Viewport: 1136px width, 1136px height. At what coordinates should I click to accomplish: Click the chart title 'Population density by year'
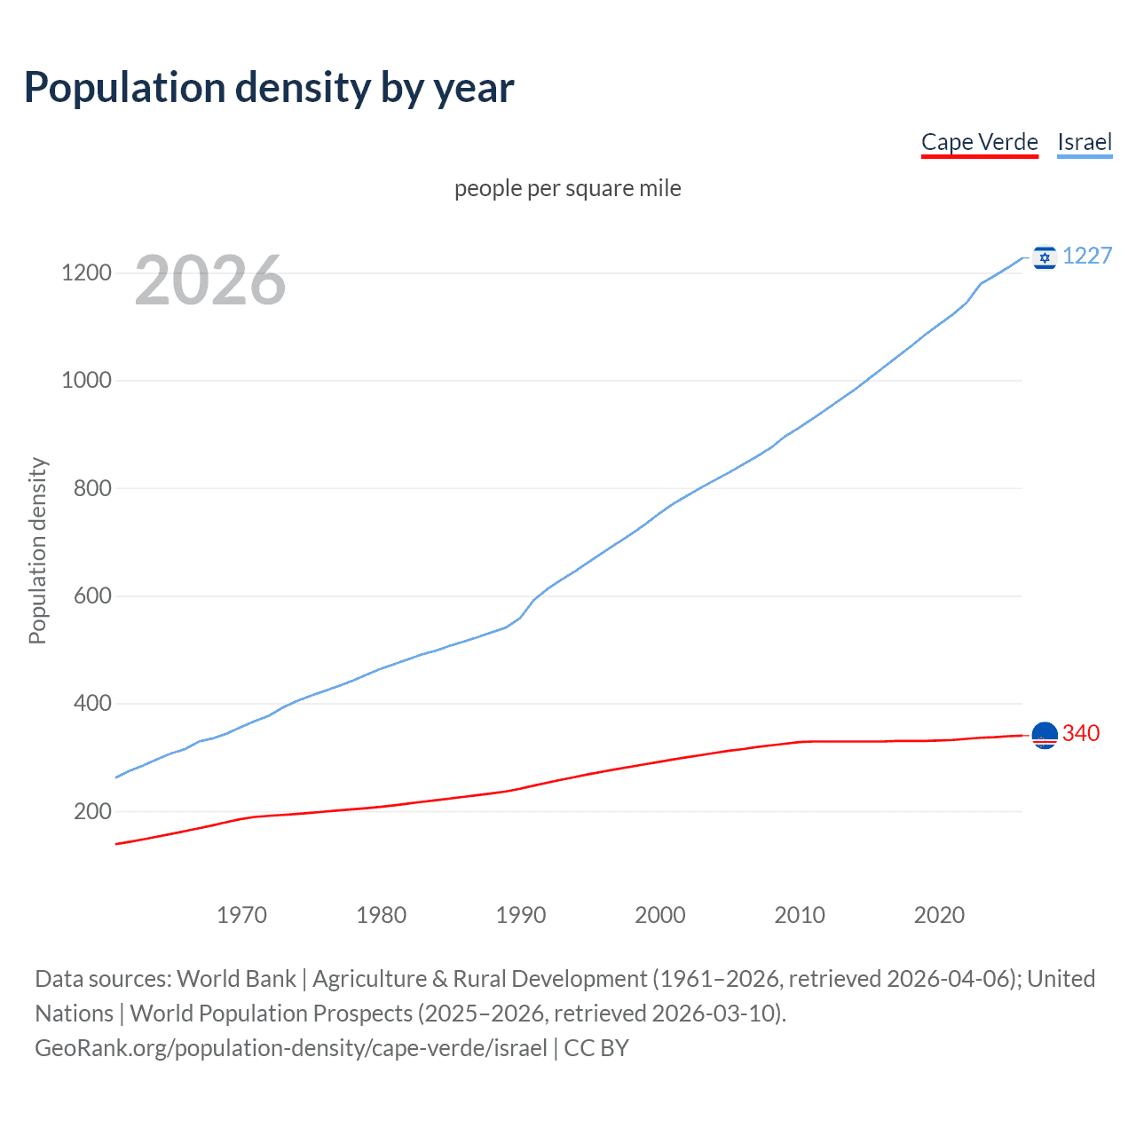point(269,88)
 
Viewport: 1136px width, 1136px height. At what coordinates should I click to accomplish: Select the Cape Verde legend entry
point(979,142)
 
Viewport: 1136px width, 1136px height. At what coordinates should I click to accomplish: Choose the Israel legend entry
point(1085,142)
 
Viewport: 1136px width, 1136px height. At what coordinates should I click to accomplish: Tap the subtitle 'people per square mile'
point(567,188)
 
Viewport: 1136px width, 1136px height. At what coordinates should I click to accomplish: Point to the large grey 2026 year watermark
point(210,280)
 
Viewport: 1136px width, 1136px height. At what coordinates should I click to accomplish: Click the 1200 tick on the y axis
point(86,272)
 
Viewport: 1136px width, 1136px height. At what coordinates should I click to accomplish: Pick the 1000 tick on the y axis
point(86,380)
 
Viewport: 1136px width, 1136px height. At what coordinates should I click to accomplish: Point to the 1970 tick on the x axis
point(241,915)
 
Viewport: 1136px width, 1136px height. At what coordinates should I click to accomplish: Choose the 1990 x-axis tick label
point(521,915)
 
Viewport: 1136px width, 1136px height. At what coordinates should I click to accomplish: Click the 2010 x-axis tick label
point(800,915)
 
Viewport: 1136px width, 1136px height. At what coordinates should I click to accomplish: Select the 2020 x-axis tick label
point(939,915)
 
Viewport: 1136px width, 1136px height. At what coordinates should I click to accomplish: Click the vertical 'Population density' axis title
point(37,550)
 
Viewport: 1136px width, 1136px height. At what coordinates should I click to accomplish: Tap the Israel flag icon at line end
point(1045,257)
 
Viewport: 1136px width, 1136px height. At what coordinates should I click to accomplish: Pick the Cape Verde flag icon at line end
point(1045,736)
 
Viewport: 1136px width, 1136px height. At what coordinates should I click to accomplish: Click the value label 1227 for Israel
point(1087,256)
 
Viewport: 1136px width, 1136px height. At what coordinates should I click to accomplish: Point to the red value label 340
point(1081,733)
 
